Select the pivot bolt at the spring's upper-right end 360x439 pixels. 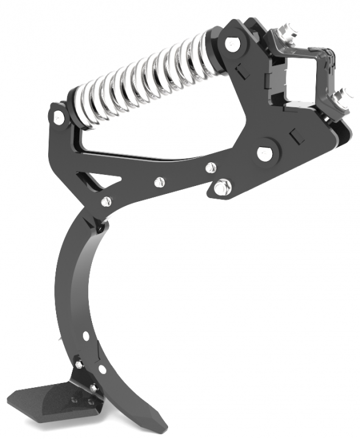coord(231,45)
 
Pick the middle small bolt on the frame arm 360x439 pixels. coord(160,180)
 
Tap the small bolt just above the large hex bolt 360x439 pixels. coord(210,166)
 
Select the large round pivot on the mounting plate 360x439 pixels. coord(265,153)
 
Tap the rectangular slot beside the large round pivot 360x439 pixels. coord(297,137)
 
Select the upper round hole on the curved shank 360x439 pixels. coord(87,335)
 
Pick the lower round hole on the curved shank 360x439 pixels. coord(102,369)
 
